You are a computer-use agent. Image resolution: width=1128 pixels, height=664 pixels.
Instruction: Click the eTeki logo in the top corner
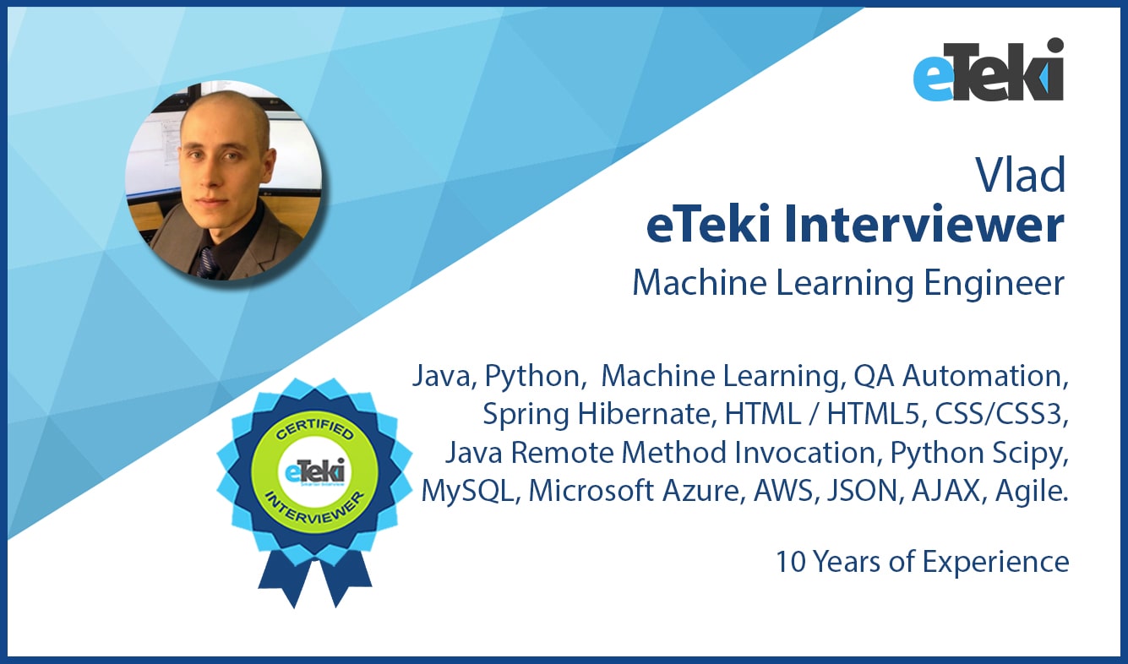pos(988,69)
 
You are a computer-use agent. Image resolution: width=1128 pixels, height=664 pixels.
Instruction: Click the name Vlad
pos(1021,175)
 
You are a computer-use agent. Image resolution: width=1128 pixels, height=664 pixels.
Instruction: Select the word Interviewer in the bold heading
pos(924,225)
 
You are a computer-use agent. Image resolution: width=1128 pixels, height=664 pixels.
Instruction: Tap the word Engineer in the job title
pos(994,283)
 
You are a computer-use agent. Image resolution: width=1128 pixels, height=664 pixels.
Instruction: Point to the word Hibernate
pos(646,414)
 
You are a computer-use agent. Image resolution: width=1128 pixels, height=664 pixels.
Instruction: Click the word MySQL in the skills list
pos(466,492)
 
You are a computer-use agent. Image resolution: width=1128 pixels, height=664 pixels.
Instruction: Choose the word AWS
pos(782,490)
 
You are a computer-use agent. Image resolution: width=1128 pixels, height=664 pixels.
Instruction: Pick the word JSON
pos(863,490)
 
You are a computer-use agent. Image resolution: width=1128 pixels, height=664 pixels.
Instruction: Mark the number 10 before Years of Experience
pos(791,562)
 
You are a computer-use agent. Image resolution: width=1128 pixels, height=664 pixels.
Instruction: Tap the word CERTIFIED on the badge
pos(314,429)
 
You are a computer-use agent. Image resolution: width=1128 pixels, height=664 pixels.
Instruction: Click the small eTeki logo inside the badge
pos(314,472)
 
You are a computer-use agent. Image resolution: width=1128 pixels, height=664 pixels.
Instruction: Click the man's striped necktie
pos(207,263)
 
